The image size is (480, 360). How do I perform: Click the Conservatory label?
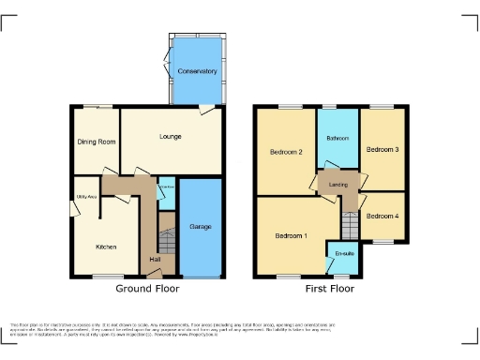(197, 71)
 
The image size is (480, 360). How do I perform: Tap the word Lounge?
(171, 137)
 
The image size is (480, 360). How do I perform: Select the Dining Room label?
(96, 142)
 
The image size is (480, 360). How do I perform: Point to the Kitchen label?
(107, 247)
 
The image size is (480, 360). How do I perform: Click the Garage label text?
(201, 228)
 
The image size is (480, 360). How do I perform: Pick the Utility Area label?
(86, 197)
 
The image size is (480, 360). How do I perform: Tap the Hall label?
(155, 260)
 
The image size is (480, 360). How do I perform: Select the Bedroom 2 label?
(285, 152)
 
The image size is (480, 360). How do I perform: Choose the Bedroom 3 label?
(382, 150)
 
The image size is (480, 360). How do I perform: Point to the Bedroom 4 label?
(382, 217)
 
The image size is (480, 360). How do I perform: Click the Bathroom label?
(337, 139)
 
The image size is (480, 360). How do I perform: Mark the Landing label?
(338, 185)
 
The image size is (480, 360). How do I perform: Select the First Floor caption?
(330, 290)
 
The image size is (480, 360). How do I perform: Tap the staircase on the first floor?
(350, 225)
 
